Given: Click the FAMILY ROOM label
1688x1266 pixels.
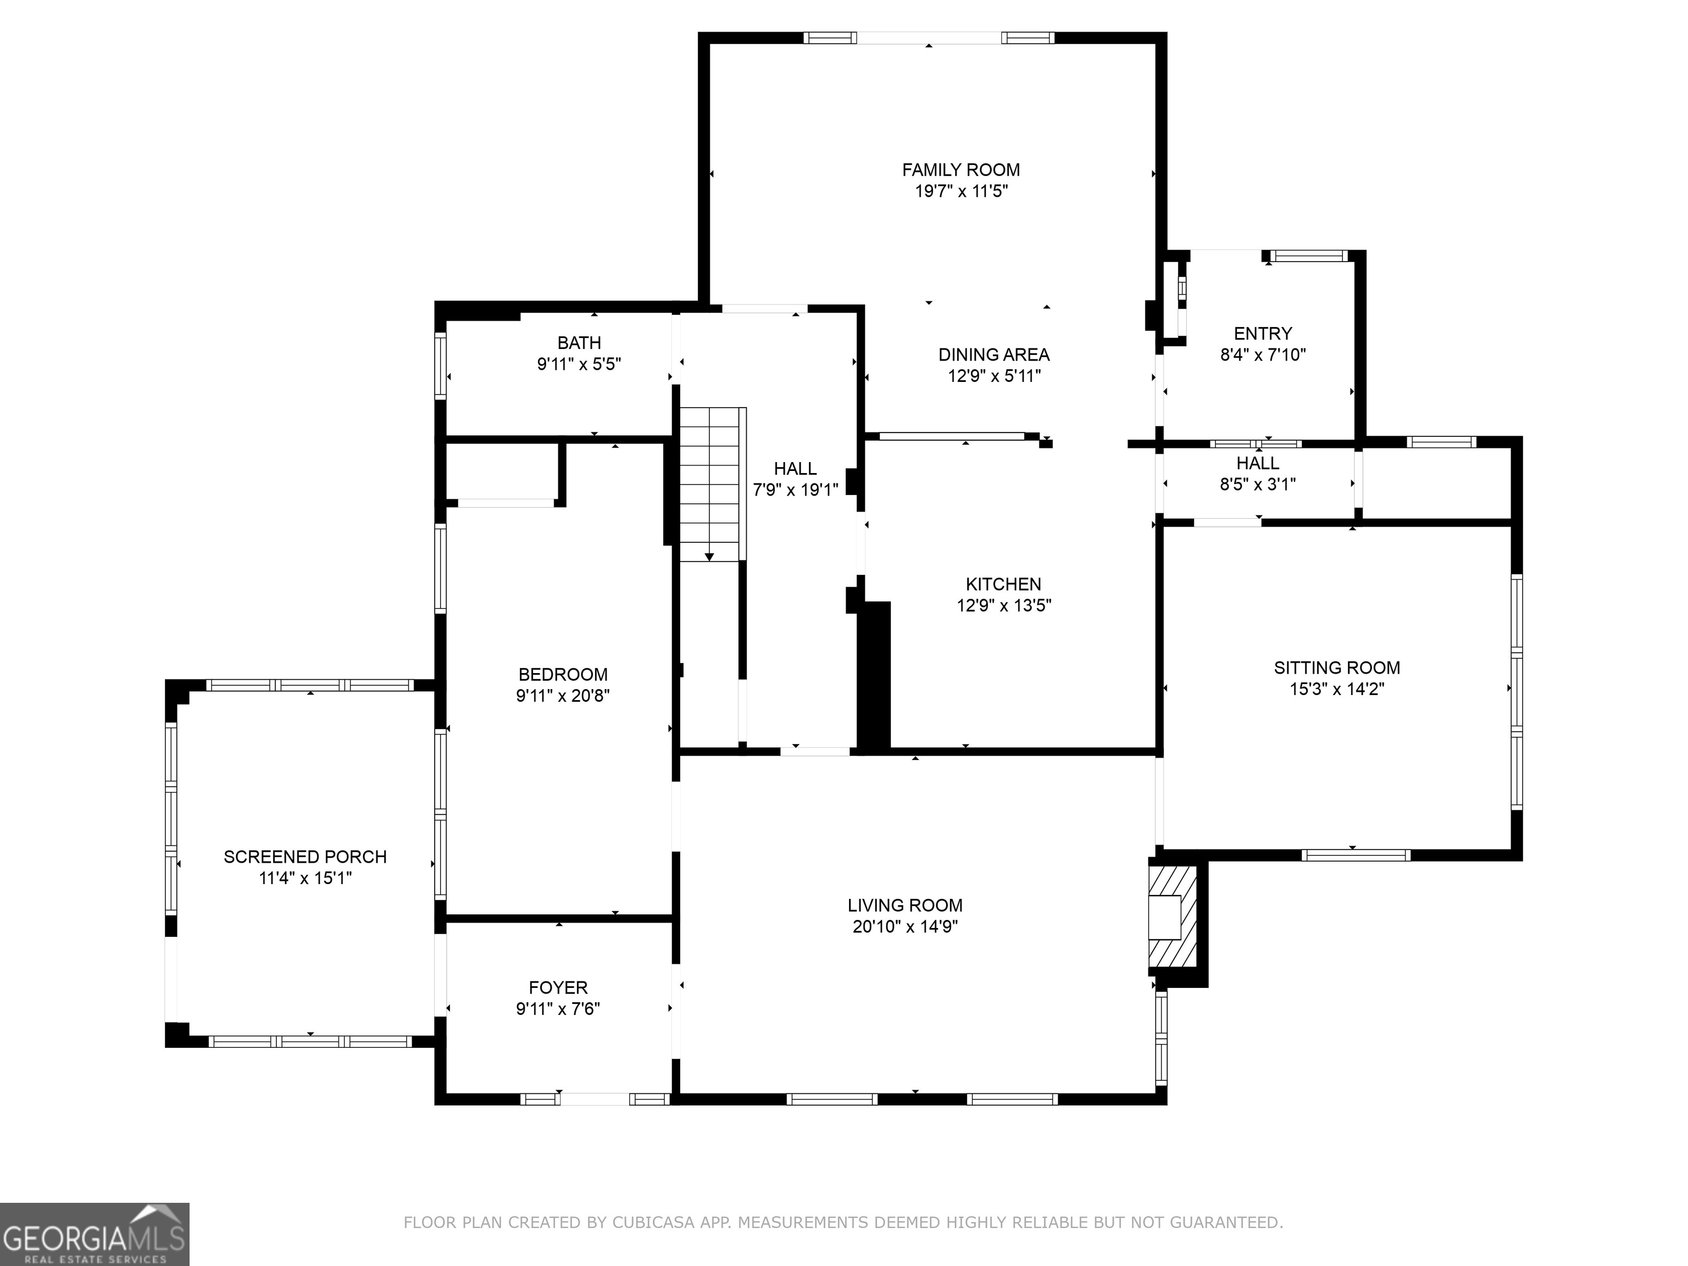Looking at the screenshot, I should point(960,169).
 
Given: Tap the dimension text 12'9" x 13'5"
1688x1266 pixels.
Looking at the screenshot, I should point(1003,605).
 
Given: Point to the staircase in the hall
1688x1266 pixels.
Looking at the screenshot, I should point(710,485).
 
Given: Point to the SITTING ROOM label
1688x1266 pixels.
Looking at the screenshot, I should point(1336,668).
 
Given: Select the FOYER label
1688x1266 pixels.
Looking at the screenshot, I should point(558,987).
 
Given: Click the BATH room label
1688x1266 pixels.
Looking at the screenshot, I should point(579,343).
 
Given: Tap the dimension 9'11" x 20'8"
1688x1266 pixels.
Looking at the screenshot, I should point(563,695).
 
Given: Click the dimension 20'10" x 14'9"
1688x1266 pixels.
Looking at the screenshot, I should point(904,926).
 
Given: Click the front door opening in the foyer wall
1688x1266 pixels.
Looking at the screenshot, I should point(595,1099).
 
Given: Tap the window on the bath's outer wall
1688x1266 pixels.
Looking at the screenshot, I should point(440,365).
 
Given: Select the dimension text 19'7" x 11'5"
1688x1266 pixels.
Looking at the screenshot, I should point(960,191).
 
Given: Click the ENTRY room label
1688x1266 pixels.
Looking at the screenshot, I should point(1263,334).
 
